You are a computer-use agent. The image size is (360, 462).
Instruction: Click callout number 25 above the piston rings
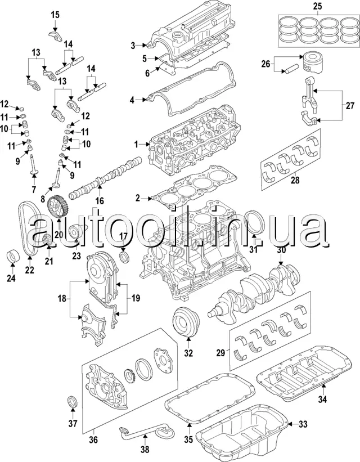coord(318,7)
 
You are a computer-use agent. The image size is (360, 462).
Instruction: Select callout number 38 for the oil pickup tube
coord(145,450)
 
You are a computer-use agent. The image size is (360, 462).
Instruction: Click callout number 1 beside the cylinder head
coord(137,145)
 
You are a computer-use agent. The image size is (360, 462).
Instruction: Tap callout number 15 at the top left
coord(55,15)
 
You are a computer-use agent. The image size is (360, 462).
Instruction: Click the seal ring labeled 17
coord(124,258)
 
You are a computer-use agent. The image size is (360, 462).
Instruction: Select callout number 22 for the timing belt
coord(29,270)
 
